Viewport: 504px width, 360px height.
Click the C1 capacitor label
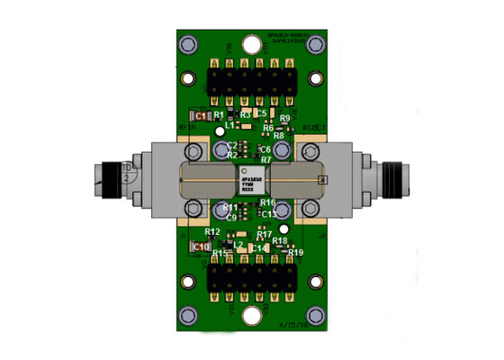[x=201, y=116]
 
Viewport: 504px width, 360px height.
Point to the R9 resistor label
[x=284, y=119]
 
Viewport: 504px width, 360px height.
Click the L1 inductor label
[x=230, y=126]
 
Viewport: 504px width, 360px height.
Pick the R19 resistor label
[x=296, y=252]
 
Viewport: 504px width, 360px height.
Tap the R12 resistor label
[x=211, y=232]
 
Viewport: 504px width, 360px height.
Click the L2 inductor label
[x=239, y=244]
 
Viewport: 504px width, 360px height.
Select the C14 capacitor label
[x=258, y=247]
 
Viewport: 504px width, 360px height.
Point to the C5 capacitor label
[x=261, y=113]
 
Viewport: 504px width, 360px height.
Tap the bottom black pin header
[x=252, y=278]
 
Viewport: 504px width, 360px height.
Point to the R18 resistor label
[x=280, y=241]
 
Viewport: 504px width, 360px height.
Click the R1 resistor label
[x=218, y=115]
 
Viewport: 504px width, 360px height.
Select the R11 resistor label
[x=229, y=207]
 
